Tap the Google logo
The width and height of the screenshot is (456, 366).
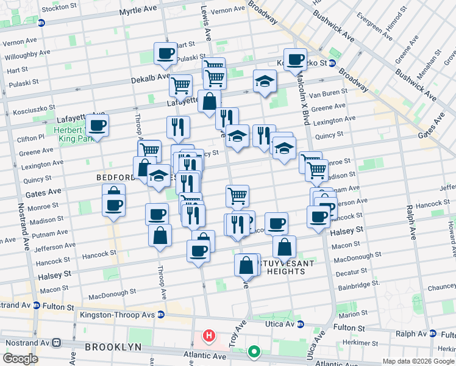(21, 359)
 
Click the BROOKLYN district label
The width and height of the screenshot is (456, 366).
(113, 346)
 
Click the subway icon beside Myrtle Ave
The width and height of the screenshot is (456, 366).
(41, 23)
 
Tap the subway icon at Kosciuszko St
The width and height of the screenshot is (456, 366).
(332, 63)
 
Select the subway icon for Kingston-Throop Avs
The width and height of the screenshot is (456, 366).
(161, 315)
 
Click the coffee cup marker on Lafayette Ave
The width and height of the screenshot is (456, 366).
(97, 126)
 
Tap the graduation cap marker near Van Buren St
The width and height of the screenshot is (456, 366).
(265, 81)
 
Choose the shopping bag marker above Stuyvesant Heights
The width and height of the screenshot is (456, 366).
(284, 247)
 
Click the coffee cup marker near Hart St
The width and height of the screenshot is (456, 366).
(165, 54)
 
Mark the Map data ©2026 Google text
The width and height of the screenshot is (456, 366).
(418, 361)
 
